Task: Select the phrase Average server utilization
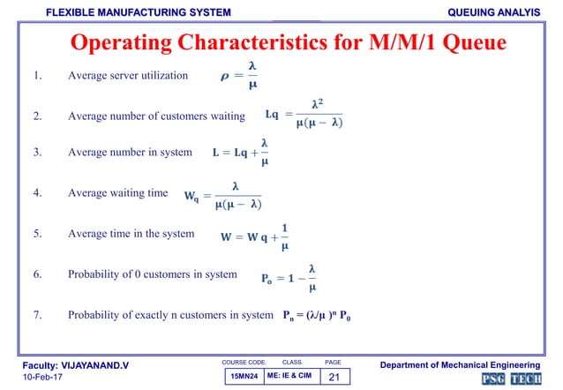128,75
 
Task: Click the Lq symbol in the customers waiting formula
272,114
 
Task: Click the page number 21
334,377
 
